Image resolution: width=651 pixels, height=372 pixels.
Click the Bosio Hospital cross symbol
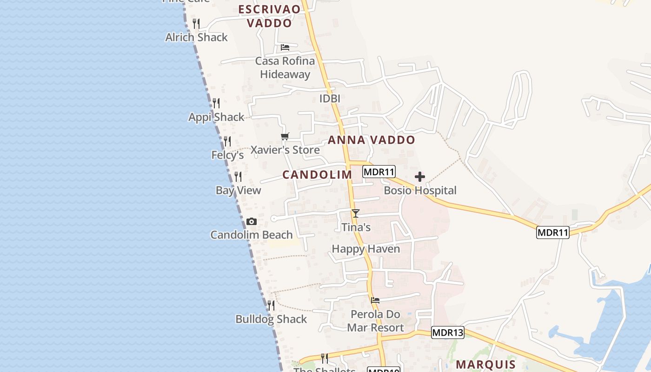(x=420, y=177)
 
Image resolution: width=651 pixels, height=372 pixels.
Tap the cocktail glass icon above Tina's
(x=356, y=213)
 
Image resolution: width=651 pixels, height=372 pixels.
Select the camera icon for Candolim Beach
(x=252, y=221)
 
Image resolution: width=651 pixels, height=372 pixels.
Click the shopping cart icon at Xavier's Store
(x=285, y=136)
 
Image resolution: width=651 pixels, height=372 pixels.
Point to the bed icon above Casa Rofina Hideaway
(x=285, y=47)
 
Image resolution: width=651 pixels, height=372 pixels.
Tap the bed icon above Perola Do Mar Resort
(x=375, y=300)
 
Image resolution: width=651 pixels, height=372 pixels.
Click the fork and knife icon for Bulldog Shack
(x=271, y=306)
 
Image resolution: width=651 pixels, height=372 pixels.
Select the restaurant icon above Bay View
(x=238, y=177)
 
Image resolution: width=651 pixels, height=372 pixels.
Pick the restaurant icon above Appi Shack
(x=216, y=103)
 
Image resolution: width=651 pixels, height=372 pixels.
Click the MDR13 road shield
(x=448, y=332)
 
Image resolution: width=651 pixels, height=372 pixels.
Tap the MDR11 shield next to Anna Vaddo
(x=379, y=172)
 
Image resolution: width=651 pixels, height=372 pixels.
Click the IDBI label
(x=330, y=99)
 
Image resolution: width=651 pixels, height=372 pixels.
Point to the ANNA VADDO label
(x=372, y=140)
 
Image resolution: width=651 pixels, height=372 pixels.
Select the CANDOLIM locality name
(x=318, y=175)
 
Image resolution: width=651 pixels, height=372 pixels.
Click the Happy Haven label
(x=366, y=249)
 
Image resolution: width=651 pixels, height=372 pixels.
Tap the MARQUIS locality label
(x=486, y=364)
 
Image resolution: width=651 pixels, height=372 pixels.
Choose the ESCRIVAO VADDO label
(x=270, y=16)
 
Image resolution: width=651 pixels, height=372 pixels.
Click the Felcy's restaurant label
(x=228, y=155)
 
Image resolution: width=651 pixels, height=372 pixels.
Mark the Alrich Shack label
(x=197, y=37)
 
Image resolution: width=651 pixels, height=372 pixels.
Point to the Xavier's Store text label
(x=285, y=150)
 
